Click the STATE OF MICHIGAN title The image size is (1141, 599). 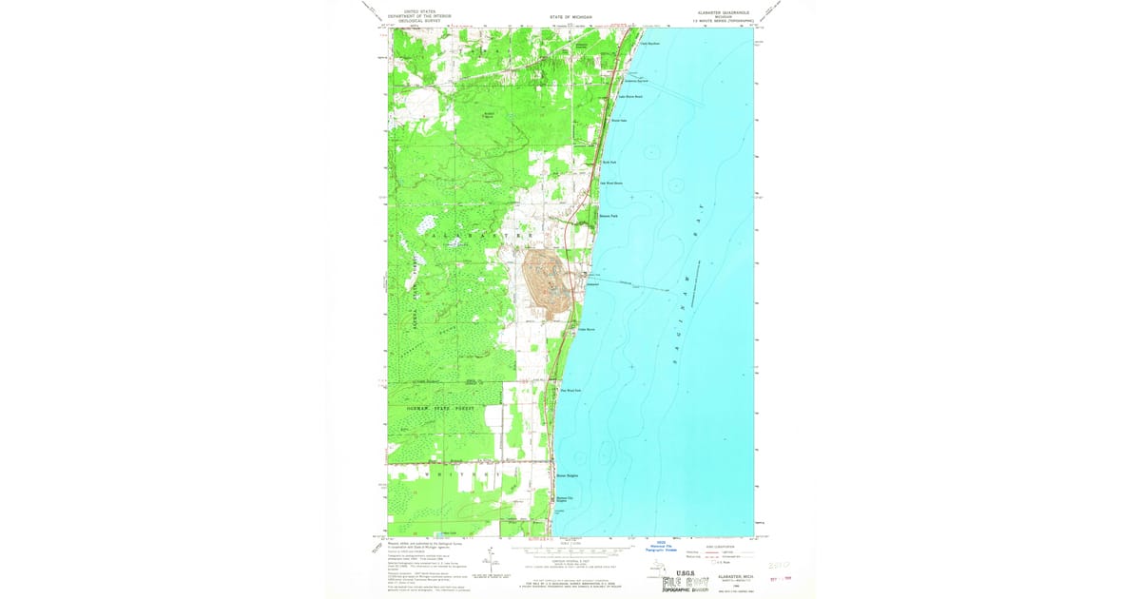[570, 17]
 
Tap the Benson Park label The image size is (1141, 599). [608, 216]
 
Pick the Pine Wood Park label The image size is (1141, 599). [570, 390]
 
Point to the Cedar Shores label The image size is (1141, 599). [587, 330]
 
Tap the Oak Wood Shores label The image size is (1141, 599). [610, 184]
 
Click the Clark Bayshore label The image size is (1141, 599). [649, 43]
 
